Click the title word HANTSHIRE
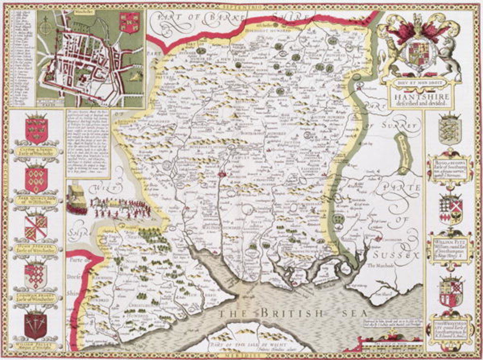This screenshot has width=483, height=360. pos(419,93)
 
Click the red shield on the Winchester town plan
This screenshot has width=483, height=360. pos(130,22)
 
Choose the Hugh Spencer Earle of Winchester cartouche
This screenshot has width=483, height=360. pos(36,249)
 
